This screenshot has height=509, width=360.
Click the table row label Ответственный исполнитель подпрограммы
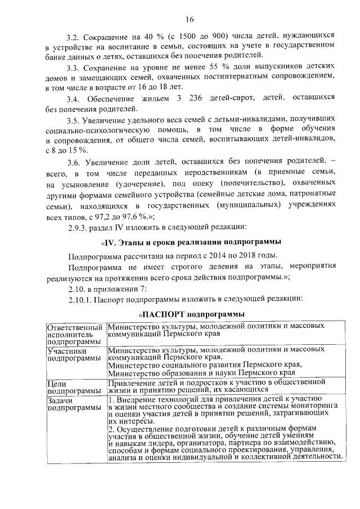pyautogui.click(x=75, y=334)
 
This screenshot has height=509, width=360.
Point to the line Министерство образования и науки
pyautogui.click(x=201, y=372)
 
